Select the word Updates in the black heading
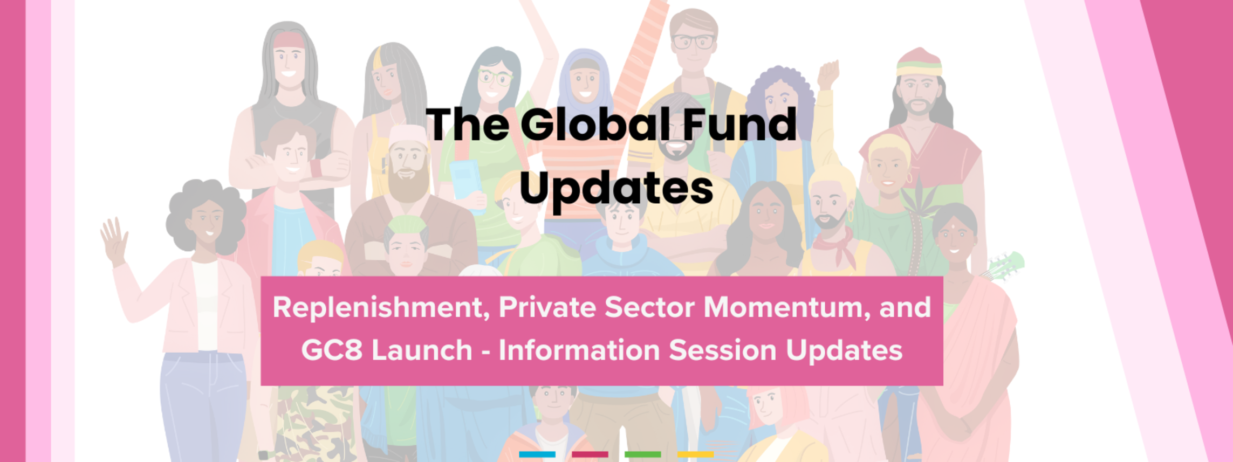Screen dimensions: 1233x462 pyautogui.click(x=616, y=189)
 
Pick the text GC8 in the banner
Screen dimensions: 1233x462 pyautogui.click(x=332, y=350)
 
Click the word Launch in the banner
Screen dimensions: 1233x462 pyautogui.click(x=422, y=350)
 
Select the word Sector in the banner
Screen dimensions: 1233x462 pyautogui.click(x=649, y=308)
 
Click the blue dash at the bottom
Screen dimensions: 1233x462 pyautogui.click(x=537, y=454)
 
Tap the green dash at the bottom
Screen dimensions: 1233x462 pyautogui.click(x=643, y=454)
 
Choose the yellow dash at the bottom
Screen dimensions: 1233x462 pyautogui.click(x=696, y=454)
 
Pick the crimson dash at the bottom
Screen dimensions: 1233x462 pyautogui.click(x=590, y=454)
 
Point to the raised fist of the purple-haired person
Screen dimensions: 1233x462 pyautogui.click(x=828, y=75)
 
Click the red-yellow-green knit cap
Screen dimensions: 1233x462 pyautogui.click(x=919, y=63)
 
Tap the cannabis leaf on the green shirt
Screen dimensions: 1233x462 pyautogui.click(x=919, y=199)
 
